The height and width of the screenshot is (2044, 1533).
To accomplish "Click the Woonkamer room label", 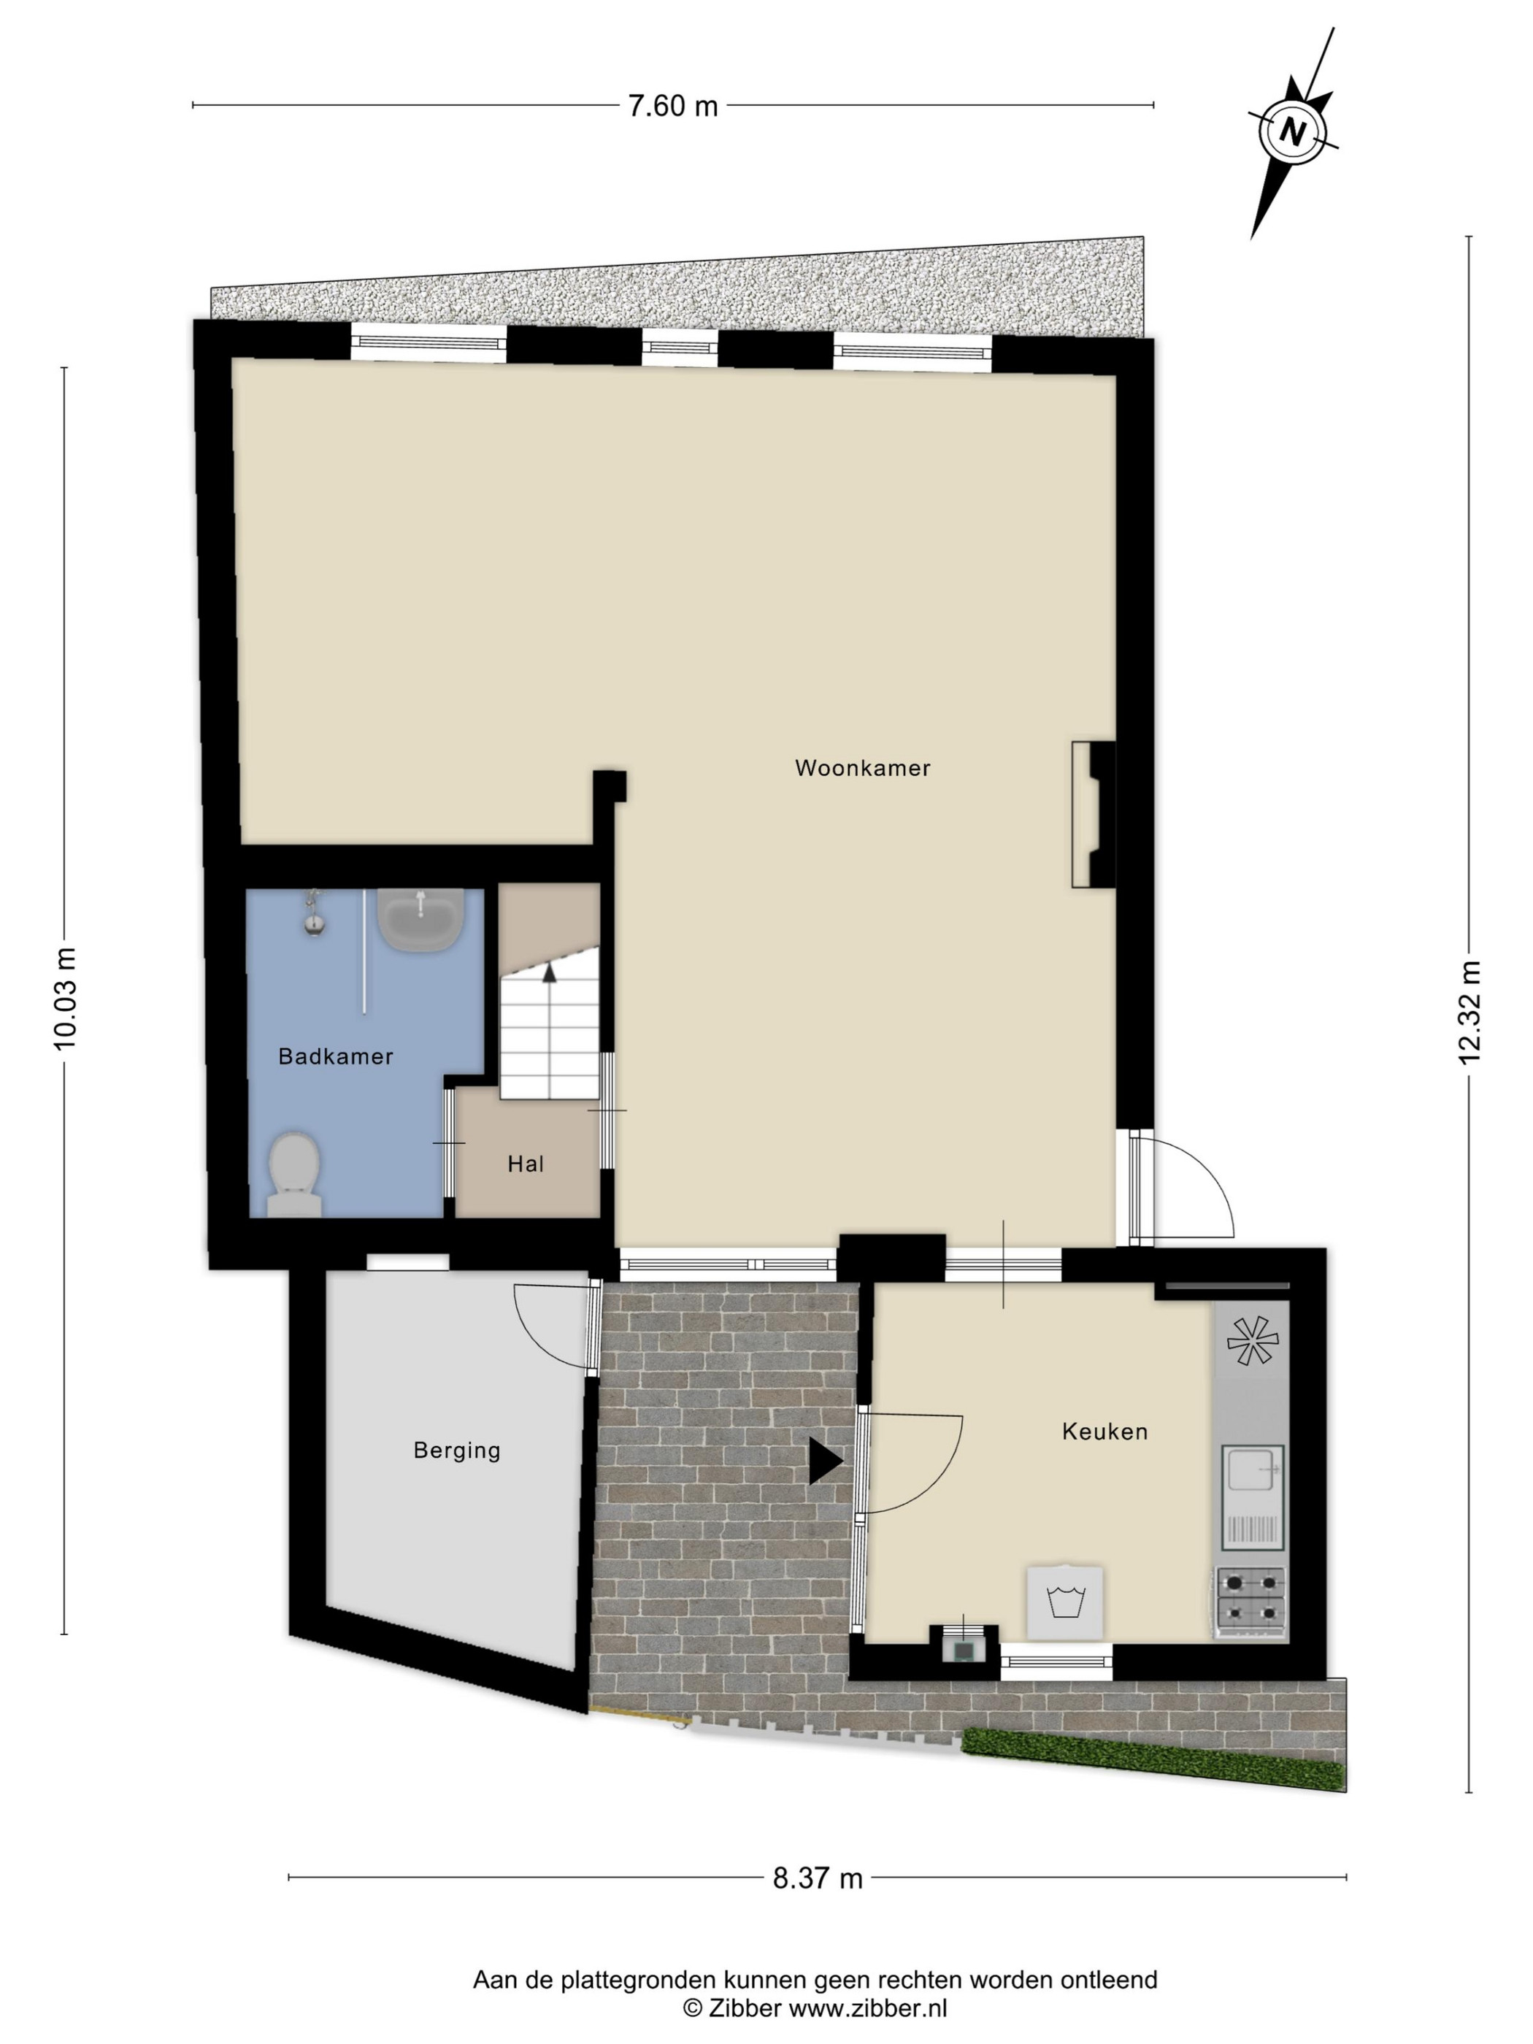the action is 862,768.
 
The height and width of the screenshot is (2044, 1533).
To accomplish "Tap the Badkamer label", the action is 335,1056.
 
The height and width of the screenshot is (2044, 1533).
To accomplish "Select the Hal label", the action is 526,1164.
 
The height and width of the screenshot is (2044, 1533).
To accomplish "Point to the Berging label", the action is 456,1451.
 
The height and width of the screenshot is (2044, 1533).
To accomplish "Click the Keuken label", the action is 1105,1432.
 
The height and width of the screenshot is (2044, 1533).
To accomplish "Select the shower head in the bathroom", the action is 314,915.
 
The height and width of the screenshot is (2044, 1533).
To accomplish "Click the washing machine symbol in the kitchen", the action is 1065,1603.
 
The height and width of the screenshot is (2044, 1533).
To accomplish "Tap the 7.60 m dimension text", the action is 673,107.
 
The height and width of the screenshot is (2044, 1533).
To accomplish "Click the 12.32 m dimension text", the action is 1469,1012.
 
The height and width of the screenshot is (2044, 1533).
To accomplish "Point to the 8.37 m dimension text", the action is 818,1878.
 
